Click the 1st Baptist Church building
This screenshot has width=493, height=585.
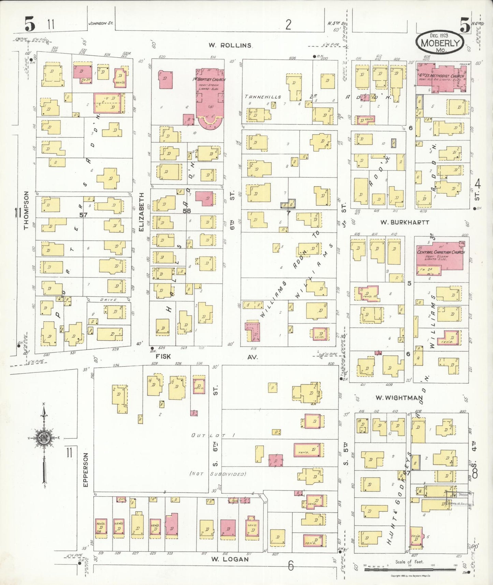click(210, 97)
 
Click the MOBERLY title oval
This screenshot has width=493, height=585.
click(440, 43)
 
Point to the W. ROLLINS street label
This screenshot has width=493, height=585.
click(230, 45)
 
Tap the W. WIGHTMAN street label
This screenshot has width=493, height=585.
click(399, 398)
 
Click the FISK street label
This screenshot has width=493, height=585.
click(163, 356)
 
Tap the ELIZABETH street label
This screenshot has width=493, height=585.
click(141, 212)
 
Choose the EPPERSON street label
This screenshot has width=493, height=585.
click(85, 470)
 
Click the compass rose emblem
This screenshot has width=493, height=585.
click(44, 438)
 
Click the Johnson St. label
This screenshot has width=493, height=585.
click(101, 24)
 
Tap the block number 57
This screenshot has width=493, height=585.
click(83, 215)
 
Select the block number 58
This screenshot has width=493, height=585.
click(186, 211)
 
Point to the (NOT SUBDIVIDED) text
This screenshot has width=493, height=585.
click(218, 474)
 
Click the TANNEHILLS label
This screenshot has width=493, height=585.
click(263, 97)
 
